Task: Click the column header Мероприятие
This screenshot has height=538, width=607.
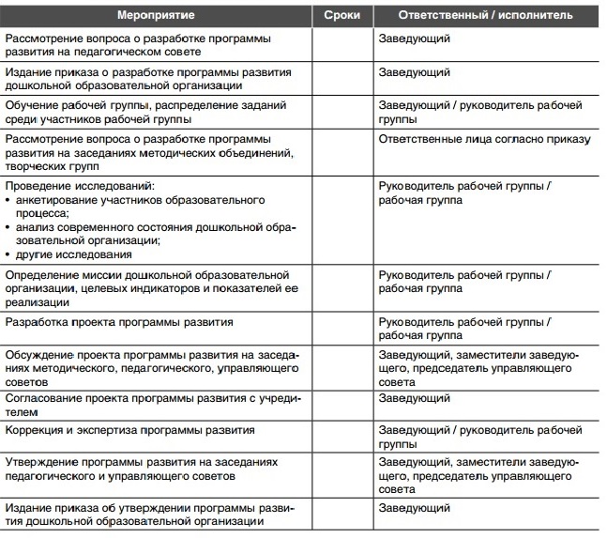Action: point(155,16)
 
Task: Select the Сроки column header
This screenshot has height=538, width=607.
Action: point(341,16)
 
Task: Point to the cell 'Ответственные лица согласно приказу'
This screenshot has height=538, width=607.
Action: point(484,139)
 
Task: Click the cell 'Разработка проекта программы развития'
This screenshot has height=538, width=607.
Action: point(119,322)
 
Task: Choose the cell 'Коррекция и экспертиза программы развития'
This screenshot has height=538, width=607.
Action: point(130,429)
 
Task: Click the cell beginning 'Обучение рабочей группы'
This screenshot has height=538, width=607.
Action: point(145,112)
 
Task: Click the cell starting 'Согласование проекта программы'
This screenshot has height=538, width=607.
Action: point(152,405)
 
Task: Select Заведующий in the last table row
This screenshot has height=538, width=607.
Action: point(414,508)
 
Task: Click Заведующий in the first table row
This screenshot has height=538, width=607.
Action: point(414,38)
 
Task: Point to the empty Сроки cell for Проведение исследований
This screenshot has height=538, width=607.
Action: point(341,221)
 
